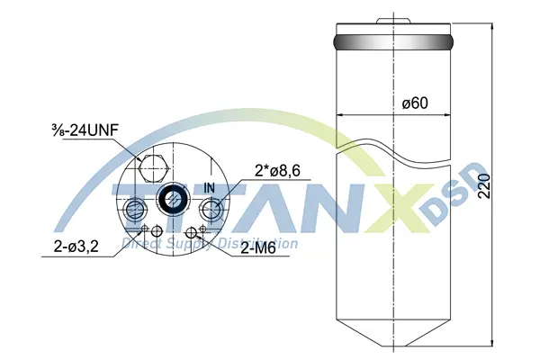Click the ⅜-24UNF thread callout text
[x=85, y=130]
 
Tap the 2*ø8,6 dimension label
[x=277, y=171]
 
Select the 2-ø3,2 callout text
[x=76, y=247]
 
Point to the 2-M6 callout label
[x=258, y=248]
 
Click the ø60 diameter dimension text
[x=415, y=103]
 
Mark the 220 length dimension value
[x=484, y=186]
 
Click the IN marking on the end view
[x=210, y=188]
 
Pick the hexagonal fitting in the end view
[x=153, y=168]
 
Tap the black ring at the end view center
[x=172, y=198]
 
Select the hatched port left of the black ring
[x=135, y=209]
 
